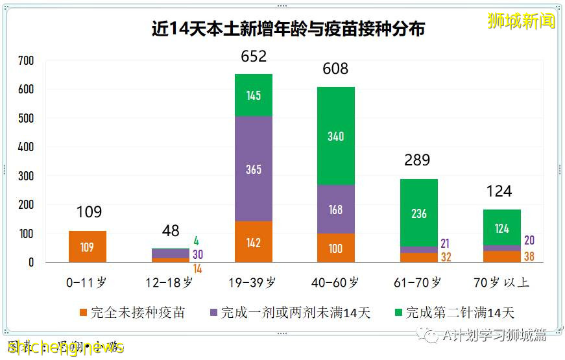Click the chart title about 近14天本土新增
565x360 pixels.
click(288, 29)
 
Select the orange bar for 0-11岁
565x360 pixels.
click(87, 246)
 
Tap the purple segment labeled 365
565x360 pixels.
click(254, 169)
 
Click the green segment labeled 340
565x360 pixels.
click(336, 136)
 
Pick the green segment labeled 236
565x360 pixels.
click(419, 213)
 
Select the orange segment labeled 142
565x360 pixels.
click(254, 242)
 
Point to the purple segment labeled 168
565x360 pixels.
click(336, 209)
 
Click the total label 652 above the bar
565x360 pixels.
click(254, 56)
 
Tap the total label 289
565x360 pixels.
click(417, 160)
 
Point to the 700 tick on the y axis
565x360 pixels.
click(27, 61)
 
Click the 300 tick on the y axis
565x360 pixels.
click(27, 176)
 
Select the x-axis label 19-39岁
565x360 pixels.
click(254, 282)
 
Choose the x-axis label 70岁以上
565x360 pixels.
click(501, 282)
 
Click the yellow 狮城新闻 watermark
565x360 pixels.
click(521, 21)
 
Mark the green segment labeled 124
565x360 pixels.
click(501, 228)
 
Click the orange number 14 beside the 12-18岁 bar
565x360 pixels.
click(197, 269)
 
